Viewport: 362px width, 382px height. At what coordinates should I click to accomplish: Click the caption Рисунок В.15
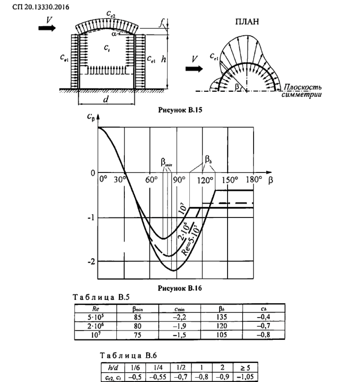tap(180, 111)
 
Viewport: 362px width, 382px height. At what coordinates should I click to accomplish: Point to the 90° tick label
tap(179, 180)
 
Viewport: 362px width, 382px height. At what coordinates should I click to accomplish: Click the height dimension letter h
tap(163, 60)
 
